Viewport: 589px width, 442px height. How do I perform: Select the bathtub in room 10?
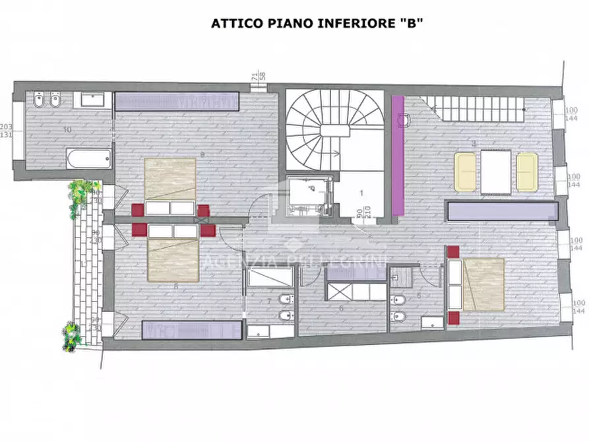[x=88, y=158]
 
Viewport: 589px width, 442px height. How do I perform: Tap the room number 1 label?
[x=361, y=193]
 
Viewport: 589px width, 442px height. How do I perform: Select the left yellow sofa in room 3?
[x=466, y=172]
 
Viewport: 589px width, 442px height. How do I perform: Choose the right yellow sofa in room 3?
[x=527, y=172]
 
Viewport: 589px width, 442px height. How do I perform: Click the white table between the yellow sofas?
[x=496, y=172]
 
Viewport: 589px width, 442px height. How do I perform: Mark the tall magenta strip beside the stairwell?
[x=398, y=154]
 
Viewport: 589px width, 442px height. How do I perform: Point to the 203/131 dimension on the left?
[x=7, y=131]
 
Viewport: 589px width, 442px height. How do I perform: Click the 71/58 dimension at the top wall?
[x=258, y=75]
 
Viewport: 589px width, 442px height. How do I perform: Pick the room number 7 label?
[x=268, y=301]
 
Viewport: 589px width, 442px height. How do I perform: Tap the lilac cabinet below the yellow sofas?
[x=502, y=211]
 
